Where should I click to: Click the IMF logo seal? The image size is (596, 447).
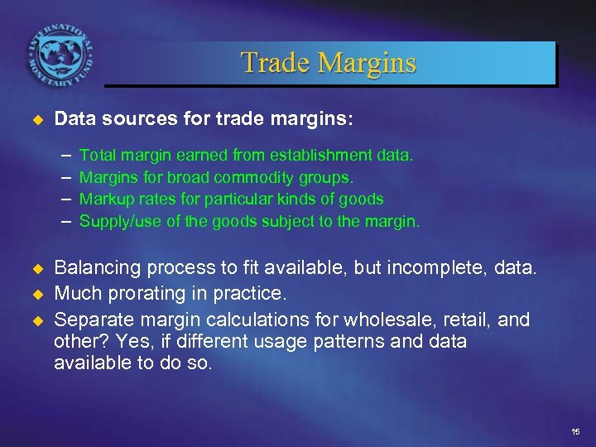(x=60, y=51)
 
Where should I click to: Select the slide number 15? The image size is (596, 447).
(x=575, y=433)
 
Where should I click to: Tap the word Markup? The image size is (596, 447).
(x=103, y=199)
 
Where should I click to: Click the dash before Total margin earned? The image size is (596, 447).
(x=65, y=155)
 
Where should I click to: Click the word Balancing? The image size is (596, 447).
(x=97, y=268)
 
